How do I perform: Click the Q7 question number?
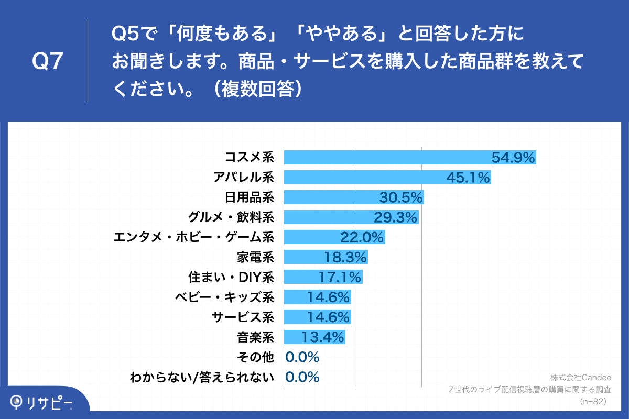pos(48,62)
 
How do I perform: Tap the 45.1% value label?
pos(468,178)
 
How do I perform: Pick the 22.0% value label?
pos(362,237)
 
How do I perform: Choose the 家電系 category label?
pos(256,257)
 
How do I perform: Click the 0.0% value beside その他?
pos(302,357)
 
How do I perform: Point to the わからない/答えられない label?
pos(202,377)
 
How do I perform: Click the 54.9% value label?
pos(513,157)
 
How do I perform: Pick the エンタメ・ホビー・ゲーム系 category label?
pos(194,237)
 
